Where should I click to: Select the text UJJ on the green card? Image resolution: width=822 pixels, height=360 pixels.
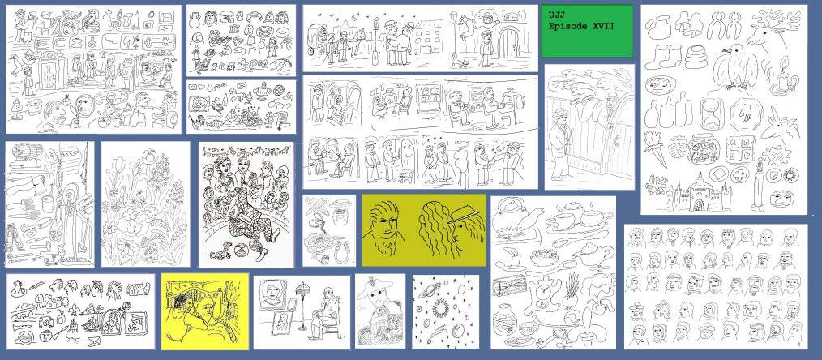click(556, 15)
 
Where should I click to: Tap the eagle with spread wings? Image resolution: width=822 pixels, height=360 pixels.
click(739, 66)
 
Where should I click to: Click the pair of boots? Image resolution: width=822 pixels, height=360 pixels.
click(662, 57)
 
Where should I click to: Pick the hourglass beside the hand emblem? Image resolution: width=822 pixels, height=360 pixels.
click(711, 115)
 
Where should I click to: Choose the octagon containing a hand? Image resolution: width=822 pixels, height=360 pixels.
click(743, 114)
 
